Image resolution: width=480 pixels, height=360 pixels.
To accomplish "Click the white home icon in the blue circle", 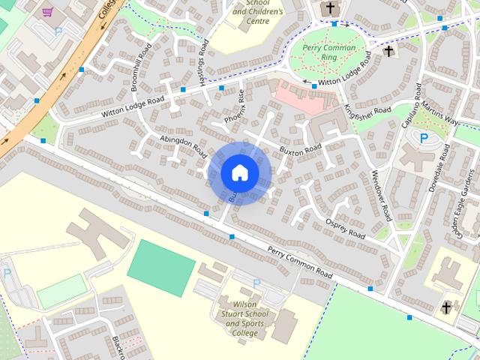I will click(x=239, y=172).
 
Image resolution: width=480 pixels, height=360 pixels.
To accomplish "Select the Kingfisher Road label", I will click(x=368, y=110).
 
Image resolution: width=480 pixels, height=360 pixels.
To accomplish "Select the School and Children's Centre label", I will click(x=258, y=13).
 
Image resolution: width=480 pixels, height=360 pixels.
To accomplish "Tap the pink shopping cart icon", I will click(x=48, y=12).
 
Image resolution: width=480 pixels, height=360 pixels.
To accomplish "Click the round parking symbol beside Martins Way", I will click(x=424, y=138).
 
